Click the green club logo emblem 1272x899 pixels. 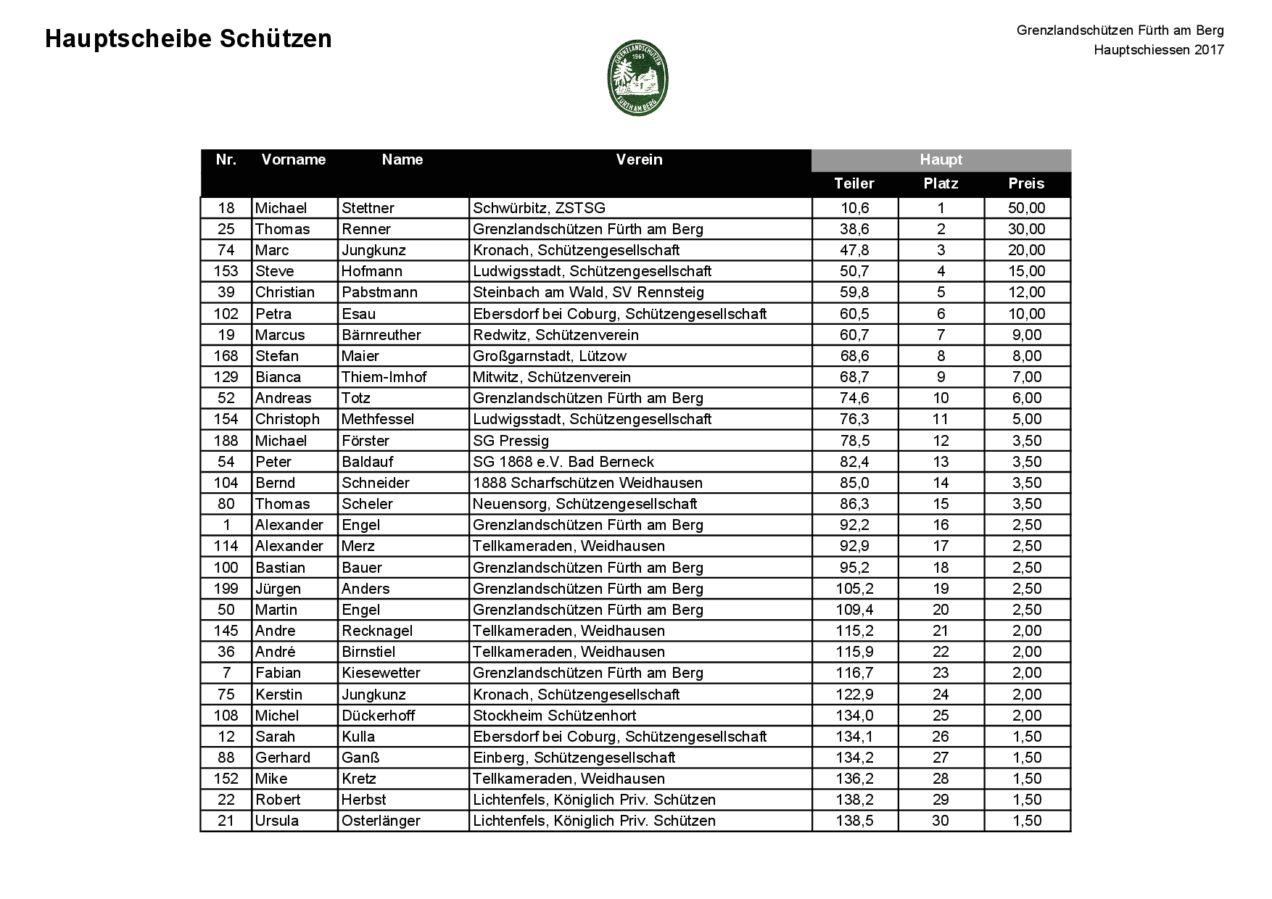[637, 78]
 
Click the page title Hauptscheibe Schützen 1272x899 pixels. [189, 39]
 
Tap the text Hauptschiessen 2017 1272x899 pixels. [1159, 50]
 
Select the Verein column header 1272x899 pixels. [639, 159]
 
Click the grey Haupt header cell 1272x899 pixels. [941, 160]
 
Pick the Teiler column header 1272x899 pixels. [854, 183]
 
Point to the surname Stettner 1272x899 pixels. [368, 208]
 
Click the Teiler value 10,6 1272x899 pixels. [854, 208]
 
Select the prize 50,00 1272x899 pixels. [1026, 208]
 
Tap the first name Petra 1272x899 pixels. [273, 314]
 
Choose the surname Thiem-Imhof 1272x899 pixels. [384, 377]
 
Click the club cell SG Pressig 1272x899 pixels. [511, 441]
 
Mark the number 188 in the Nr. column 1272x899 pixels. [226, 441]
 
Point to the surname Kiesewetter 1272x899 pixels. [381, 673]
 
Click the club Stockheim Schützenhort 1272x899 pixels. [554, 716]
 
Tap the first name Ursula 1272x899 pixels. [277, 821]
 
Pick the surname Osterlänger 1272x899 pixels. [381, 821]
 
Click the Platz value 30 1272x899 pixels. [941, 821]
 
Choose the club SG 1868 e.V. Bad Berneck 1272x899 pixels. [563, 462]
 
